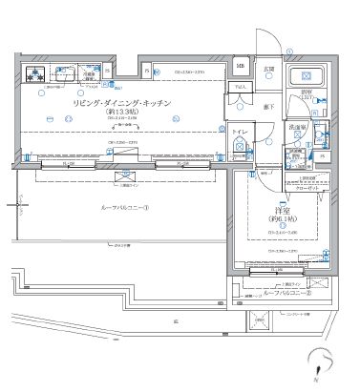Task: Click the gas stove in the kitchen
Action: (x=35, y=73)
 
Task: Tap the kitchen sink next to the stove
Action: (x=66, y=72)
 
